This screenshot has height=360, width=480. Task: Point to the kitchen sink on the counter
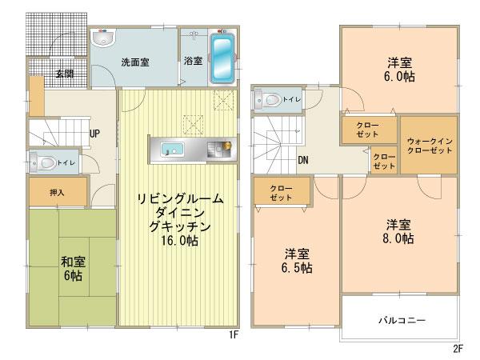(173, 148)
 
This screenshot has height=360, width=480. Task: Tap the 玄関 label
(65, 74)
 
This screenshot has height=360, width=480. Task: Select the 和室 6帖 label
(75, 266)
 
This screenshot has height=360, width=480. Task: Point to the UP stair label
(94, 133)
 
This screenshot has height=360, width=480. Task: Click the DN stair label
(304, 159)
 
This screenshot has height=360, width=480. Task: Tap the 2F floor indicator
(458, 349)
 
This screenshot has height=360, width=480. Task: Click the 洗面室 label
(138, 62)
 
